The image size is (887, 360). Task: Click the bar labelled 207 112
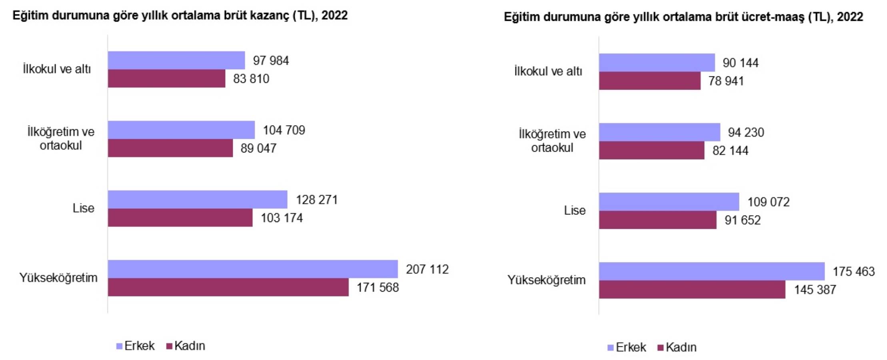tap(253, 269)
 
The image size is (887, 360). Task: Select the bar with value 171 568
tap(228, 287)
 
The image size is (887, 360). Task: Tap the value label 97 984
tap(271, 61)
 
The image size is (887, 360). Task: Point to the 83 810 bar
tap(166, 78)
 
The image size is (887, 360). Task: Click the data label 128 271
tap(317, 200)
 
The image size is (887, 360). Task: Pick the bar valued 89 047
tap(170, 148)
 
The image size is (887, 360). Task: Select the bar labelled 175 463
tap(711, 272)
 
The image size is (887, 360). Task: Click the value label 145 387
tap(815, 290)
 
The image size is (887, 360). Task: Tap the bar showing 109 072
tap(669, 202)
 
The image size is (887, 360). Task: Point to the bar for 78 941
tap(649, 81)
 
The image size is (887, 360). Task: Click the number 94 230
tap(746, 132)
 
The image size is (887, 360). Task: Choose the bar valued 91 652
tap(657, 220)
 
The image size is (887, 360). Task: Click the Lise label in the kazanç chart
tap(83, 208)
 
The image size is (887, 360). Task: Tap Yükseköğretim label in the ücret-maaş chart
tap(546, 280)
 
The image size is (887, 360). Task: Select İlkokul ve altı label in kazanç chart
tap(57, 69)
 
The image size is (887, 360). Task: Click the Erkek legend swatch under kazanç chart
tap(119, 346)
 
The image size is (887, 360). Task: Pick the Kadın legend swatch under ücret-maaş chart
tap(661, 348)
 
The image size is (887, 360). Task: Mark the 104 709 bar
tap(181, 130)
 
